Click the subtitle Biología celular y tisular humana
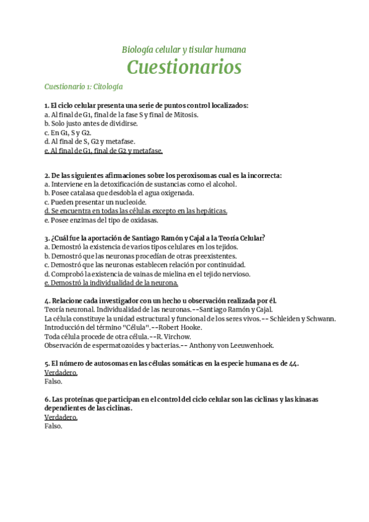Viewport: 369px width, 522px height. pyautogui.click(x=184, y=49)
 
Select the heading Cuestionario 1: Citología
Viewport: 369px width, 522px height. pyautogui.click(x=84, y=86)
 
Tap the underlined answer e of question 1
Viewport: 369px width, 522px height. pyautogui.click(x=103, y=150)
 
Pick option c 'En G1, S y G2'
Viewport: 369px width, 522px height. pyautogui.click(x=68, y=132)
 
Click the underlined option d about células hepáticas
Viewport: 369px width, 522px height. pyautogui.click(x=136, y=211)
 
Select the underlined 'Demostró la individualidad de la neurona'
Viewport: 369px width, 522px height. pyautogui.click(x=111, y=283)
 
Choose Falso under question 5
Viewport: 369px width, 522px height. pyautogui.click(x=54, y=381)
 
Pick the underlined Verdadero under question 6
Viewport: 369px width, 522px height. pyautogui.click(x=61, y=417)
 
